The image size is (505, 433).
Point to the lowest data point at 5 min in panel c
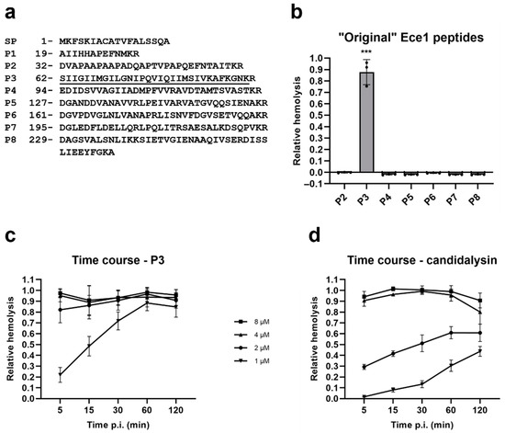[60, 375]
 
